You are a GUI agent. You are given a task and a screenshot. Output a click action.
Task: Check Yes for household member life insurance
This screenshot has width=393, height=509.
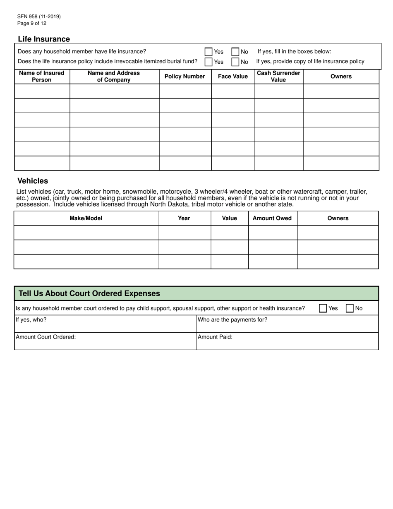[208, 52]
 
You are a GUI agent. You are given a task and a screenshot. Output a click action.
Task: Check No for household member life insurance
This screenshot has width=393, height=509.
[235, 52]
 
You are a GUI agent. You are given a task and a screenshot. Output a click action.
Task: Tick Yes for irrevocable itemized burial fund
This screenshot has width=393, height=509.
[208, 62]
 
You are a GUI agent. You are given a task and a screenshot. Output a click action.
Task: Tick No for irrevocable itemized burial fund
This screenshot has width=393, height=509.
[235, 62]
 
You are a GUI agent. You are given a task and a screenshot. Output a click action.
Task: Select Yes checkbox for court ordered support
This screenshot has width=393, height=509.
[323, 308]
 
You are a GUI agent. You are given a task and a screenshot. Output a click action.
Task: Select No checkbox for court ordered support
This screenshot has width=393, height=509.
[350, 308]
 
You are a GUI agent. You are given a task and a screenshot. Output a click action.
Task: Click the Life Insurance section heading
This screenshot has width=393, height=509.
[44, 39]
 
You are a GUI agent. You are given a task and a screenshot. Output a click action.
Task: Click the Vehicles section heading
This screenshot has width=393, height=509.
[33, 181]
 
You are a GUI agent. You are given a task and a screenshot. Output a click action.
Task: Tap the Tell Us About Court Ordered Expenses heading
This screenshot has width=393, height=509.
[89, 293]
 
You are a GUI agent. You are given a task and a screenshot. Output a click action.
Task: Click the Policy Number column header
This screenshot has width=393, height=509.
[185, 77]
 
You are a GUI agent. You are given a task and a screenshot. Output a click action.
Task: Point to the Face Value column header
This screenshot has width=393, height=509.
[233, 77]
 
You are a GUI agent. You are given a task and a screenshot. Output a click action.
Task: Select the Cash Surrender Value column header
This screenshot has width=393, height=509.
[278, 77]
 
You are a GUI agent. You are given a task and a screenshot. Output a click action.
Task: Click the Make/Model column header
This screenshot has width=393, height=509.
[86, 218]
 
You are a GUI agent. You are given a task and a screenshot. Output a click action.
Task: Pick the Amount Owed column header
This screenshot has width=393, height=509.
[272, 218]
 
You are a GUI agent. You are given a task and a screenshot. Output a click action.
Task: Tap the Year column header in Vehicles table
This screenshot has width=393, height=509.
[184, 218]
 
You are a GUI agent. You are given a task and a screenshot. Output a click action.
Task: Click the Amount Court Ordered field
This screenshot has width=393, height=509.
[105, 343]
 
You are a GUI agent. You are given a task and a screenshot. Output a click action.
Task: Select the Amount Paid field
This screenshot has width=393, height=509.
[287, 343]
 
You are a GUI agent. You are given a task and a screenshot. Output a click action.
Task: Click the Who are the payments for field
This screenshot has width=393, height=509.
[287, 325]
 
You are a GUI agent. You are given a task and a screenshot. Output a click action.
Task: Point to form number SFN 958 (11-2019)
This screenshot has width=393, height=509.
[39, 17]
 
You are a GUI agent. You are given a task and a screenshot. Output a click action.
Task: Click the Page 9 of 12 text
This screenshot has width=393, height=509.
[32, 24]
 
